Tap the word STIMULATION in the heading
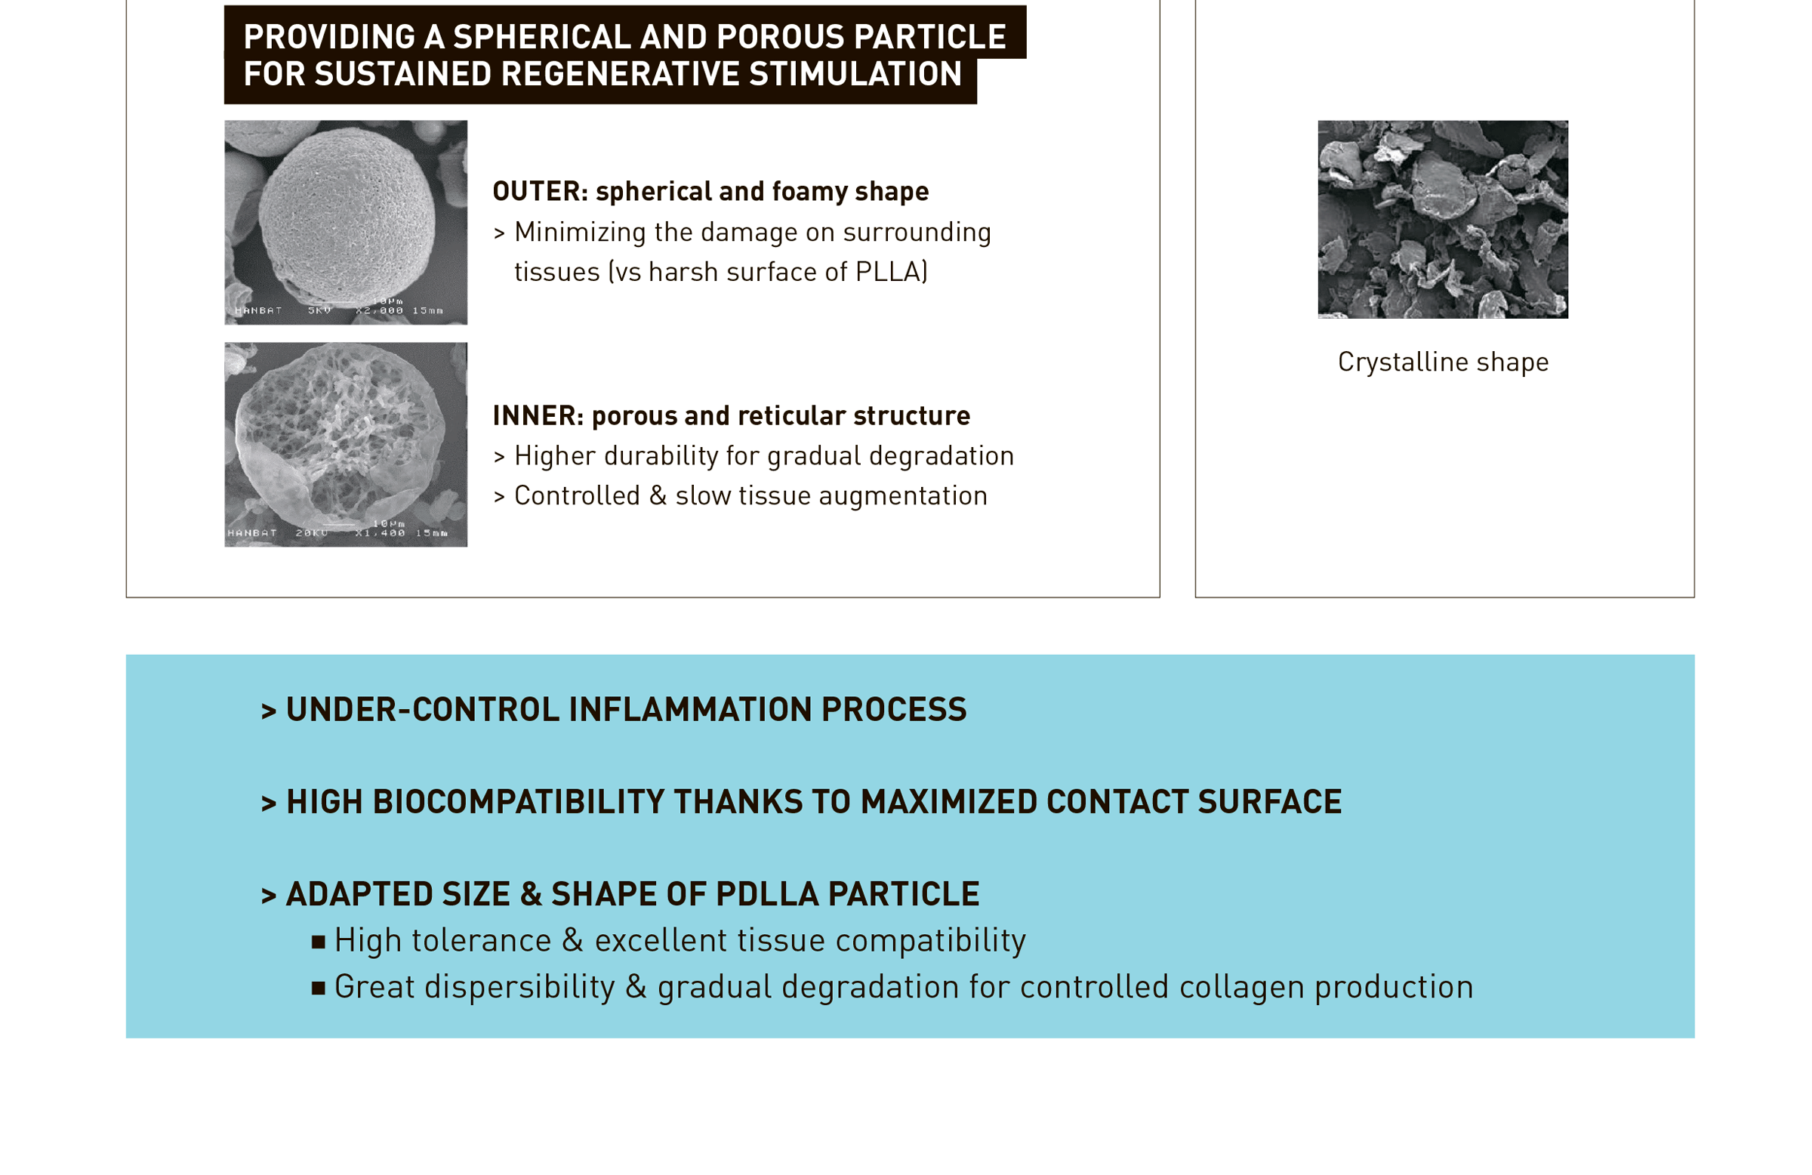pos(855,74)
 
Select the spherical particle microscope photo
pos(346,222)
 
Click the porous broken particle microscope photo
pos(346,445)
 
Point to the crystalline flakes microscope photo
pos(1443,219)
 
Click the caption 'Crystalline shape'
pos(1443,362)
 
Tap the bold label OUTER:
pos(541,191)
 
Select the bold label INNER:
pos(538,416)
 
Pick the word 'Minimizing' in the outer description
pos(580,233)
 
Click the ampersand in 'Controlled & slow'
pos(658,495)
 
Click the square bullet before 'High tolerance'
pos(319,942)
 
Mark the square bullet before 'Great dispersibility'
pos(319,989)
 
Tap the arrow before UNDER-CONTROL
pos(268,711)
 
